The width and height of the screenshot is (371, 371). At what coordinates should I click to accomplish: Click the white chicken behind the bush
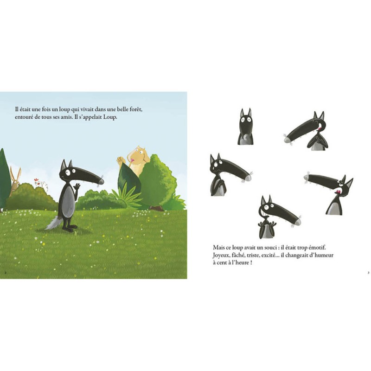point(41,184)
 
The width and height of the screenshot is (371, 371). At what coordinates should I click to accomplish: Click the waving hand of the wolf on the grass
point(77,186)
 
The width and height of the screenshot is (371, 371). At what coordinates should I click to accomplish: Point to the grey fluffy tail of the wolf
point(54,223)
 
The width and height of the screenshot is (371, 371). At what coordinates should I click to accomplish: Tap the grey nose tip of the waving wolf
point(101,181)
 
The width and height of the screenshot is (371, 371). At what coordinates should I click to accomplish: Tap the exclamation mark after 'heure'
point(250,262)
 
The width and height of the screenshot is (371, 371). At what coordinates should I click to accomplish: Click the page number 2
point(5,272)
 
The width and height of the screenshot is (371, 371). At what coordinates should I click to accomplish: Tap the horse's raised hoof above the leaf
point(121,160)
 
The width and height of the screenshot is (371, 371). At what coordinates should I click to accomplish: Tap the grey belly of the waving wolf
point(69,201)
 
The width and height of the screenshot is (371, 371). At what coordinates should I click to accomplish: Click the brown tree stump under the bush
point(156,208)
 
